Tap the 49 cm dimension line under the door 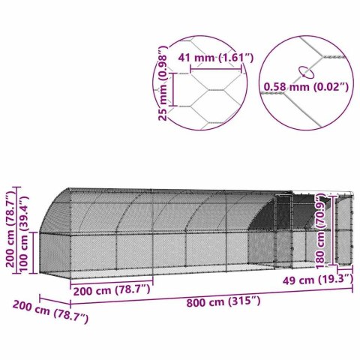(344, 268)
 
